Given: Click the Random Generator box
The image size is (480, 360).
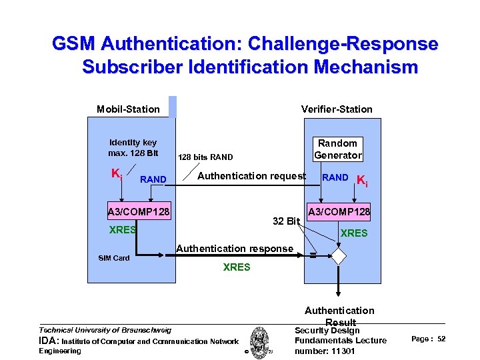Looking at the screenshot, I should coord(337,149).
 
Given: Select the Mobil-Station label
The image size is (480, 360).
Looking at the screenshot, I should coord(128,109).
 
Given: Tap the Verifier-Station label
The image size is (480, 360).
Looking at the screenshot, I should coord(337,109).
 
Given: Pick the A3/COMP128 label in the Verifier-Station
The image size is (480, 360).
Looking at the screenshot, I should coord(339,212).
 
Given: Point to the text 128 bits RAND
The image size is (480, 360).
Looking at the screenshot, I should coord(205,157).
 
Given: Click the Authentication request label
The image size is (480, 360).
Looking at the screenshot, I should coord(251,177).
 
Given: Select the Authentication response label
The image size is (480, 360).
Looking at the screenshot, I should coord(235,249).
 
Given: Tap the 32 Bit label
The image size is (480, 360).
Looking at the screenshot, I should coord(287,221).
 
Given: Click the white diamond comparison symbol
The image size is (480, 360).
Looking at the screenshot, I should coord(339,256).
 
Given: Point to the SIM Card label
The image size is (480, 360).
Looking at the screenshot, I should coord(114,258).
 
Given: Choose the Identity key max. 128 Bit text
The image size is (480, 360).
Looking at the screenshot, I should coord(133,148).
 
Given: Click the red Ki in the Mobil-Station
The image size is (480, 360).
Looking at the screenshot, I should coord(116,175).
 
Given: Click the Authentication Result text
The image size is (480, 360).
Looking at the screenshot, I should coord(339,315).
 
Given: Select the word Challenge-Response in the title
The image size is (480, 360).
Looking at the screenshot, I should coord(343,45).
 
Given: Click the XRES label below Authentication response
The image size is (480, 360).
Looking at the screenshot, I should coord(237,267).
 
